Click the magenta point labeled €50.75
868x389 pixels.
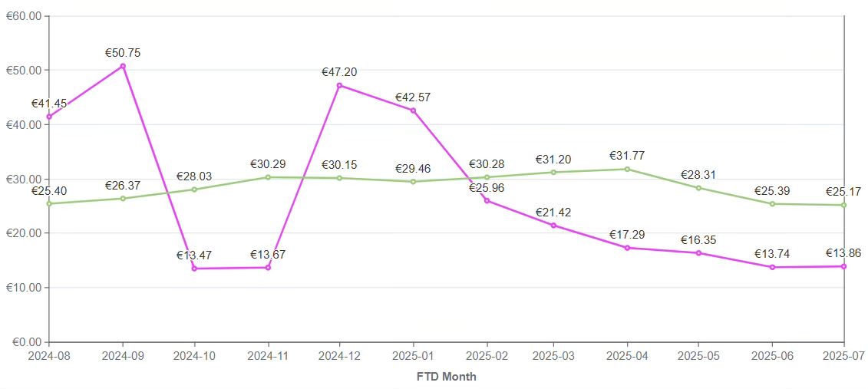tap(123, 66)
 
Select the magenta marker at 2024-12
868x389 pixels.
tap(340, 85)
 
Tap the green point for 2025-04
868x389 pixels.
tap(627, 169)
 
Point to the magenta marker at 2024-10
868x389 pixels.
tap(194, 269)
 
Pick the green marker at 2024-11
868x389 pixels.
tap(268, 177)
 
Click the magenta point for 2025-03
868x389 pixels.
tap(553, 225)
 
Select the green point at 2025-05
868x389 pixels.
tap(698, 188)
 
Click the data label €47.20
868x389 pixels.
tap(339, 72)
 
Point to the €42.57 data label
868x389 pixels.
tap(413, 97)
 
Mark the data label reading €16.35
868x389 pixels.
tap(698, 240)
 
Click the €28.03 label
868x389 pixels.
tap(194, 176)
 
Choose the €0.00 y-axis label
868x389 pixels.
tap(25, 342)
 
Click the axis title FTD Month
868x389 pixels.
tap(446, 377)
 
